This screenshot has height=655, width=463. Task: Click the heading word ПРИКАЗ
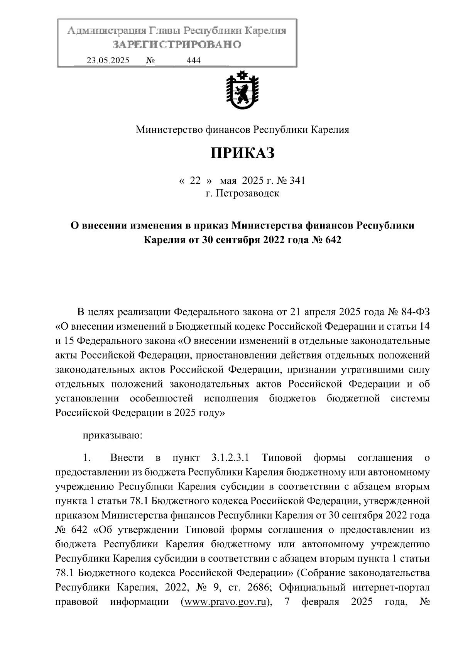[x=242, y=153]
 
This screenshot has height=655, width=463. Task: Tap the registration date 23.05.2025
[x=108, y=61]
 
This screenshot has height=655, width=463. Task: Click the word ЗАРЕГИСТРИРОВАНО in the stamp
[x=177, y=45]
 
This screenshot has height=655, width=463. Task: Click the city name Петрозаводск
[x=247, y=193]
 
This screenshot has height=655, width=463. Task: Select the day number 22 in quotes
[x=196, y=181]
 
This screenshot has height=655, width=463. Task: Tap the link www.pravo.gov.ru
[x=226, y=602]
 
